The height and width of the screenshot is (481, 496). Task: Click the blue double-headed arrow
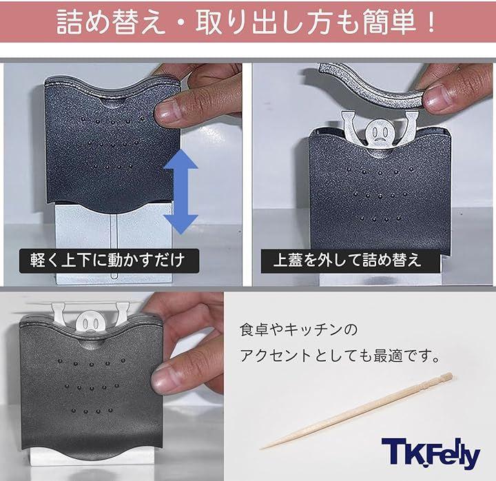[180, 192]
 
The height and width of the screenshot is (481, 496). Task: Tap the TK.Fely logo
[431, 453]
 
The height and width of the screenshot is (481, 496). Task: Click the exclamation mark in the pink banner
[430, 22]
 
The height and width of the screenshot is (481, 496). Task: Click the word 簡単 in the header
[389, 21]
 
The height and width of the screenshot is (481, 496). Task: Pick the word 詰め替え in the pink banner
[111, 21]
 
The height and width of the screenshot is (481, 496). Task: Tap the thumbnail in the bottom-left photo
[165, 379]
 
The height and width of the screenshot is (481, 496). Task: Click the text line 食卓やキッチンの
[298, 329]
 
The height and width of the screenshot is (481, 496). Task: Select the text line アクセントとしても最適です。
[340, 356]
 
